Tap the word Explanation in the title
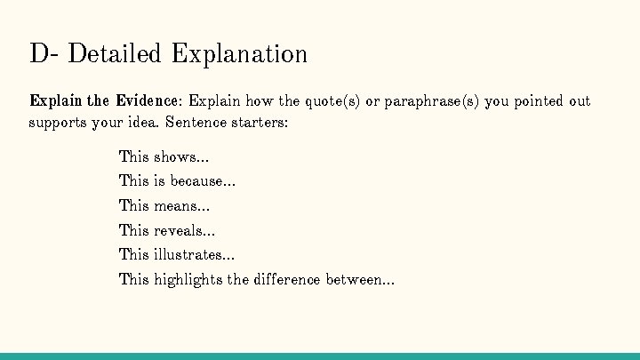point(239,53)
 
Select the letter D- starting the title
point(44,53)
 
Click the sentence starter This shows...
point(164,157)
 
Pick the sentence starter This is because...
point(177,181)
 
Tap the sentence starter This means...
point(164,206)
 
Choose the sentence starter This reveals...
point(167,231)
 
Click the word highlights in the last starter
point(188,280)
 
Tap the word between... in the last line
point(360,280)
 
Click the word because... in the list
point(203,181)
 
